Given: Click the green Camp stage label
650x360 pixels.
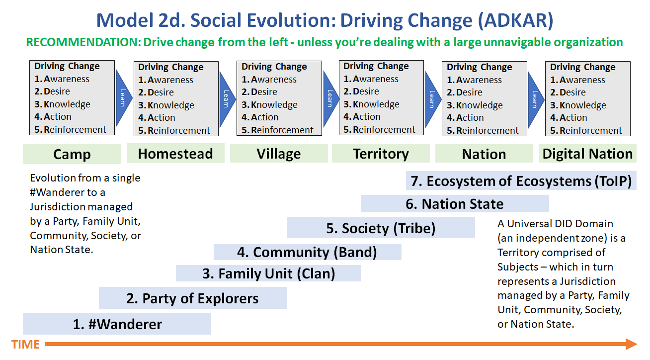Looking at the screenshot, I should tap(72, 154).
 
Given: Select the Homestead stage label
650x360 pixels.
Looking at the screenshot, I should tap(175, 154).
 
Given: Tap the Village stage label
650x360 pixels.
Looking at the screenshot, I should tap(279, 154).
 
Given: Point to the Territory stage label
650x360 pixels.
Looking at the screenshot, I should tap(381, 154).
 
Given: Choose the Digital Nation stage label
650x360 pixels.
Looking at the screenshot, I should tap(587, 154).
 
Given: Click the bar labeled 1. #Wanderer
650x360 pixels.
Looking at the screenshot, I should tap(117, 324).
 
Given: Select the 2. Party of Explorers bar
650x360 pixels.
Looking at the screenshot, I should tap(193, 298).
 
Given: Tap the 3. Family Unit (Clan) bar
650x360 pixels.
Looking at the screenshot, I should tap(269, 273).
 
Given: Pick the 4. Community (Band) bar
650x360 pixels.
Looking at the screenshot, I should tap(307, 252).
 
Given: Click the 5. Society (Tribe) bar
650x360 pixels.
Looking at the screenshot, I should tap(381, 228).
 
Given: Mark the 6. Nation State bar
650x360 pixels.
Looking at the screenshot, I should tap(455, 204).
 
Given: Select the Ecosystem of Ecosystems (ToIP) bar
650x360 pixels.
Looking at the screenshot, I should tap(521, 181).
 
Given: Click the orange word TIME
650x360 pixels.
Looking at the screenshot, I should tap(25, 344).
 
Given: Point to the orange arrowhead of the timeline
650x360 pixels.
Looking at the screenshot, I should tap(631, 344).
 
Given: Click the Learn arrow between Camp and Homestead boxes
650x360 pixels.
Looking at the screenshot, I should tap(123, 98).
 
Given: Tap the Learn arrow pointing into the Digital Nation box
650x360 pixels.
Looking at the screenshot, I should tap(535, 98).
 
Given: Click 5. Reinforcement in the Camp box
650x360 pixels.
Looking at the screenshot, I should tap(71, 130).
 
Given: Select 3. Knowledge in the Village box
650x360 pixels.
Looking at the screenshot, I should tap(270, 105).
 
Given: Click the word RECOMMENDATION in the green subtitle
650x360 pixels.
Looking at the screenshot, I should tap(82, 42).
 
